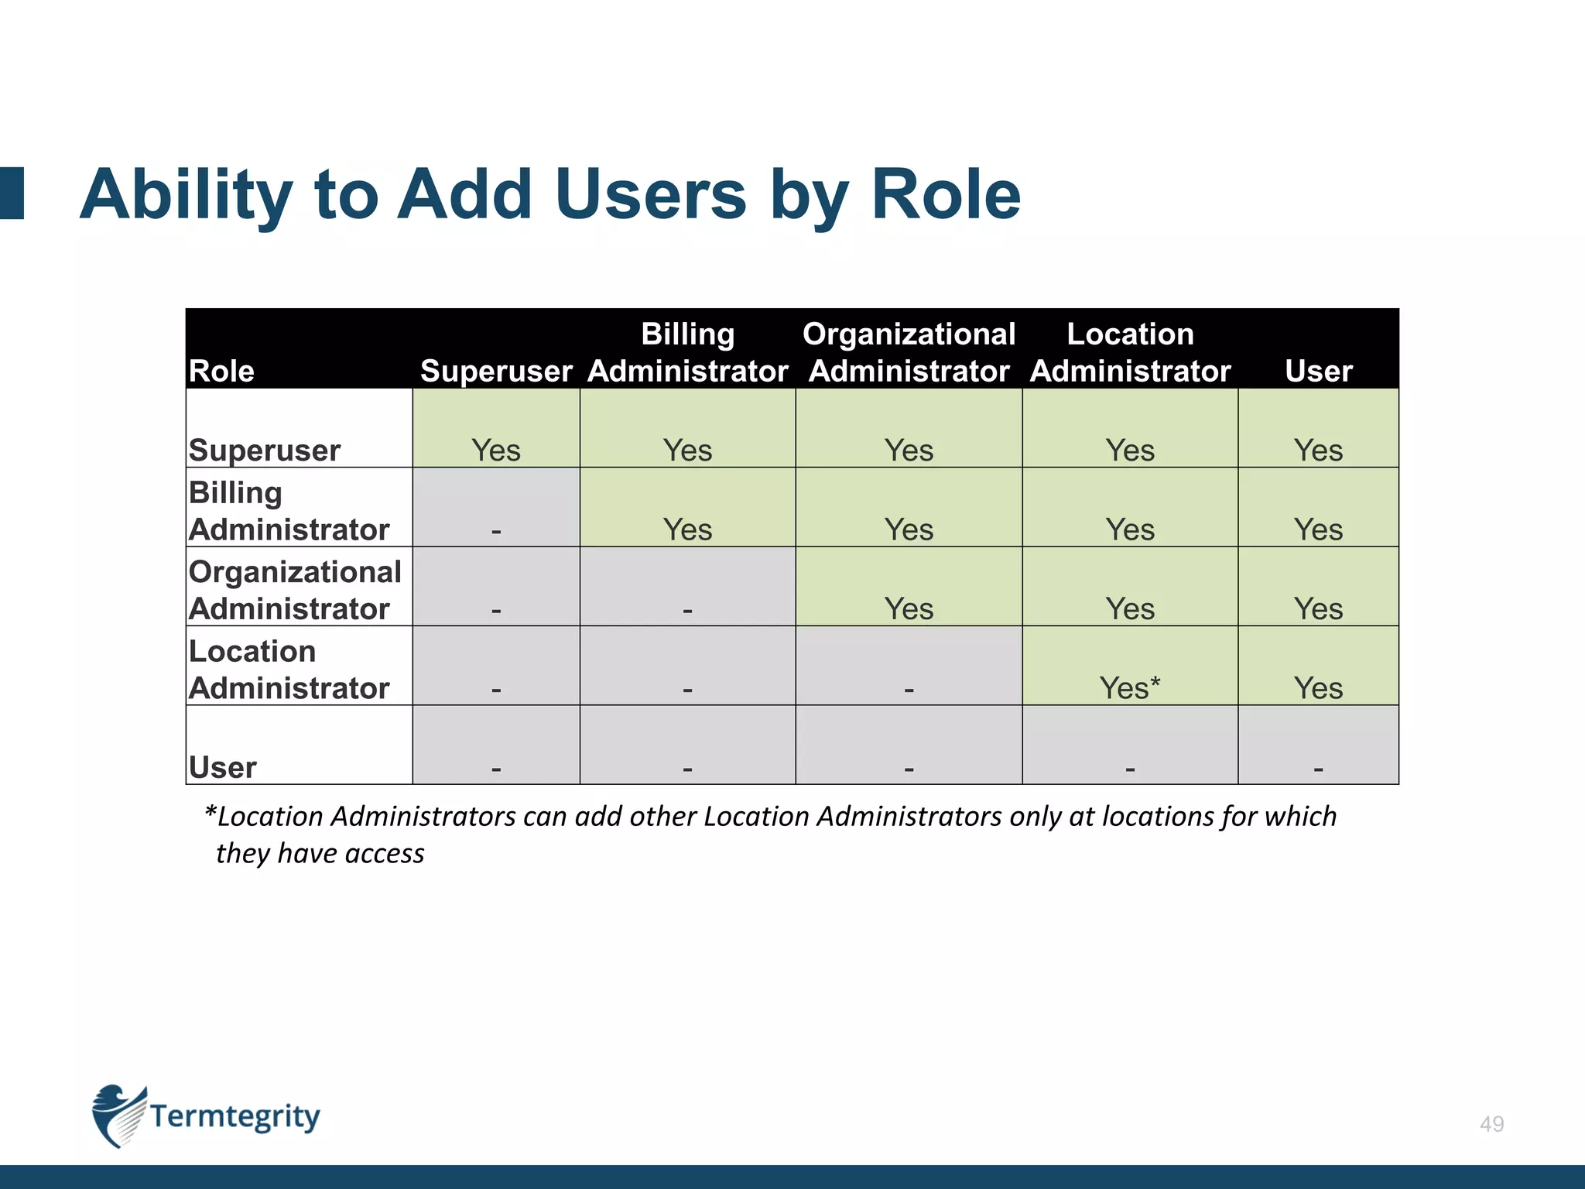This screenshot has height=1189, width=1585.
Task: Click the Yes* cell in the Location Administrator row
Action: tap(1129, 687)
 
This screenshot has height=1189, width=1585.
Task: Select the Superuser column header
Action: tap(496, 371)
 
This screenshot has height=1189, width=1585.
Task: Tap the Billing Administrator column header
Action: tap(687, 352)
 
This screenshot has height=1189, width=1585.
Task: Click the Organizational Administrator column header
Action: tap(909, 352)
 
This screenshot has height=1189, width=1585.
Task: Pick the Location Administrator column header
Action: tap(1130, 352)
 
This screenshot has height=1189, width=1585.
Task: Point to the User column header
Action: tap(1318, 371)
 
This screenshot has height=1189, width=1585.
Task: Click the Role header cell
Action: tap(221, 371)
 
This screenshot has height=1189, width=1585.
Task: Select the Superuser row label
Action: tap(264, 450)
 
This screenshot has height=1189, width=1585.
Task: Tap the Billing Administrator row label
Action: tap(288, 511)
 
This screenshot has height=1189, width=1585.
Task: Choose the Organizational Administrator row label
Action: tap(294, 590)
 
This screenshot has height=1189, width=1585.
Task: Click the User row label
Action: tap(222, 767)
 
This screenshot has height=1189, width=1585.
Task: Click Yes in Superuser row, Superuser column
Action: tap(496, 450)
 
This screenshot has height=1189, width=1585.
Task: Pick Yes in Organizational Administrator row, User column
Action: tap(1318, 608)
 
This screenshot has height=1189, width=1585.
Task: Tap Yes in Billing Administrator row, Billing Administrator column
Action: tap(687, 529)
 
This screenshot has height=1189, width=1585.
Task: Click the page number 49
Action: tap(1491, 1124)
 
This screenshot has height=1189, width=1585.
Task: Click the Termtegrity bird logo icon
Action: tap(118, 1115)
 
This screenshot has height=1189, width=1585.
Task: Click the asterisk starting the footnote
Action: tap(210, 810)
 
